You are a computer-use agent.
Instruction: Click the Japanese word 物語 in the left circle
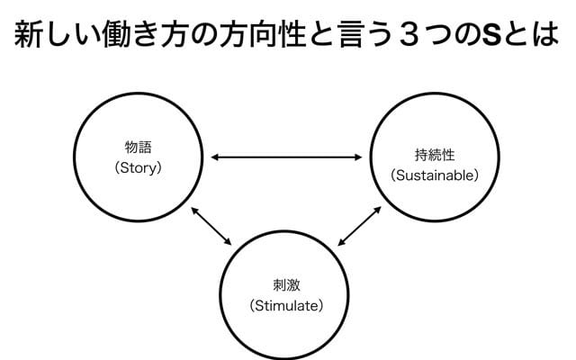138,148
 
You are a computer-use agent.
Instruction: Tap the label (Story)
138,167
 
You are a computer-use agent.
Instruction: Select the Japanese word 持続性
434,155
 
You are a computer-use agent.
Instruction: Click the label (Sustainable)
434,175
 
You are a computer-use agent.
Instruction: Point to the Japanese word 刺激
286,285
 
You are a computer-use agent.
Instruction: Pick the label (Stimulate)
286,305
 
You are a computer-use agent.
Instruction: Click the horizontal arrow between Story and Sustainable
289,158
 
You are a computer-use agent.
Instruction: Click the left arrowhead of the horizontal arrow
214,158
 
